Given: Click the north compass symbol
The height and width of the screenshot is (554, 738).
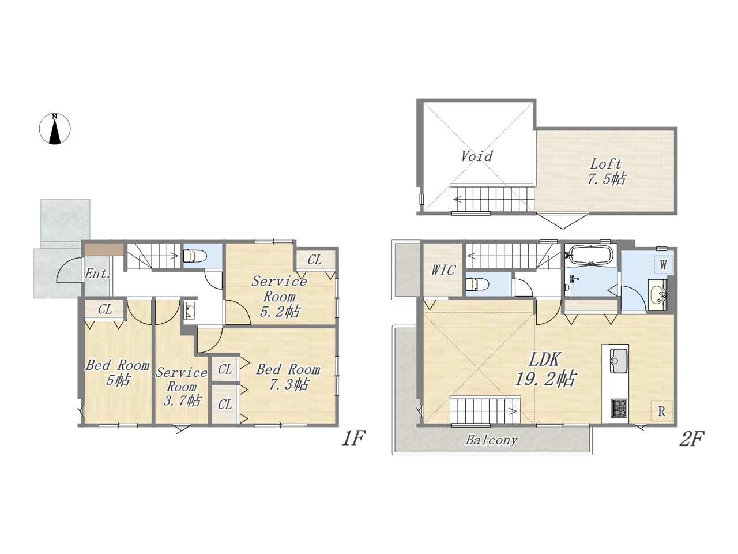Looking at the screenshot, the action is [55, 129].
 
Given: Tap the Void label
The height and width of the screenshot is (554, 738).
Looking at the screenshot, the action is [476, 156].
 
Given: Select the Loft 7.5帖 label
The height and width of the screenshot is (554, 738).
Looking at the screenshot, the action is [607, 171].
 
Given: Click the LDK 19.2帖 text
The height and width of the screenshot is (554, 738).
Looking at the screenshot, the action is [544, 369].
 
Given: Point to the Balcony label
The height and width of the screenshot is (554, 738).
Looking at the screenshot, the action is [492, 440].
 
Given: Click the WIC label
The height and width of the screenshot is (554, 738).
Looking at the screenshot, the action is [443, 271].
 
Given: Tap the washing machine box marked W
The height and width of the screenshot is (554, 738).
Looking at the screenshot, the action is [663, 265].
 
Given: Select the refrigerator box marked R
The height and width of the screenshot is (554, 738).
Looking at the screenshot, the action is [661, 411].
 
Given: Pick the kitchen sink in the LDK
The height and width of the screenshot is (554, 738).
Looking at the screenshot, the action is [615, 361].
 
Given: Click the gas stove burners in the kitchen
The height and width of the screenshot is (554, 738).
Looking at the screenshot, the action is [619, 409].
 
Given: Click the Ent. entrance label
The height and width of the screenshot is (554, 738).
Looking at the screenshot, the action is [97, 274].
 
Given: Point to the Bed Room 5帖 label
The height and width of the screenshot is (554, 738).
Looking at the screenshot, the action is [118, 373].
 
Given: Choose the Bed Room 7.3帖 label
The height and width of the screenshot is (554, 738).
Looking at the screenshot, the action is [288, 377].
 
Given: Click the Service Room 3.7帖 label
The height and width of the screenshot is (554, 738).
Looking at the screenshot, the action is [182, 387].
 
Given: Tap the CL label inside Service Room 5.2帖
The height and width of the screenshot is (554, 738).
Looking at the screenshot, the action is [314, 260].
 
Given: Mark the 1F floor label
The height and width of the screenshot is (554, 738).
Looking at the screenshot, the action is [353, 439].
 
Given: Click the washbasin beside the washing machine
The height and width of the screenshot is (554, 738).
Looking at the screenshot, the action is [657, 295].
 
